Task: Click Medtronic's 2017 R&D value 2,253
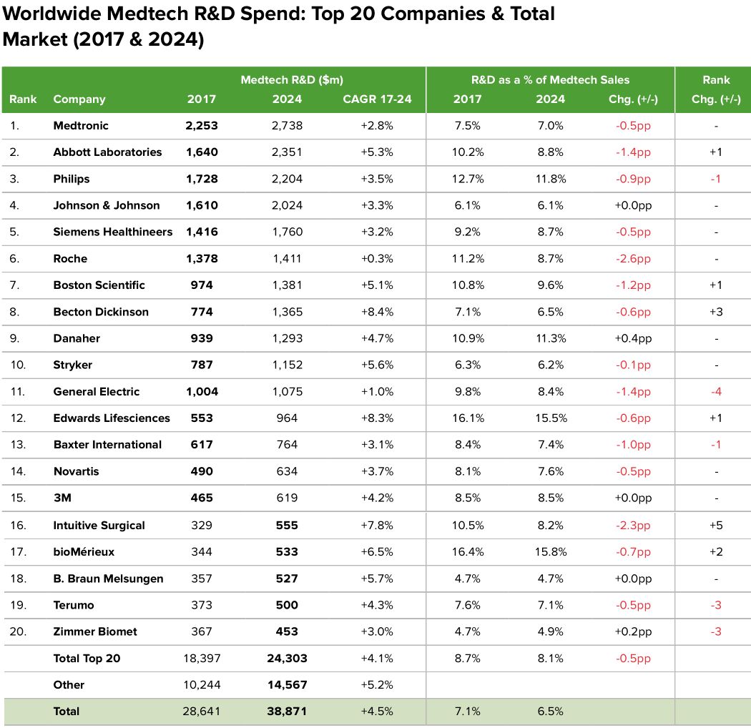(x=201, y=125)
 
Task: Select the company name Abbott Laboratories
(x=107, y=152)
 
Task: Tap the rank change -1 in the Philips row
(x=715, y=179)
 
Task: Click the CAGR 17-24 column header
(x=377, y=99)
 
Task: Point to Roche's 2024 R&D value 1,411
(x=287, y=258)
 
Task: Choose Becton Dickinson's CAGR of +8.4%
(x=377, y=312)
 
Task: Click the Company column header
(x=79, y=99)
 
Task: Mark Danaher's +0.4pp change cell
(x=630, y=338)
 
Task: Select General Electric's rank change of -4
(x=715, y=392)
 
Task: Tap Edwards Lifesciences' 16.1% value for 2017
(x=468, y=418)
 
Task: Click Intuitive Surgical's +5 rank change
(x=715, y=526)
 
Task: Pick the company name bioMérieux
(x=84, y=552)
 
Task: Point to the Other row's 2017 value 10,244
(x=201, y=684)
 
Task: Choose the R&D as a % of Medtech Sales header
(x=550, y=79)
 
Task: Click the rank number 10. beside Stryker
(x=18, y=365)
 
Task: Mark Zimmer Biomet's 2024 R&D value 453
(x=287, y=631)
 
